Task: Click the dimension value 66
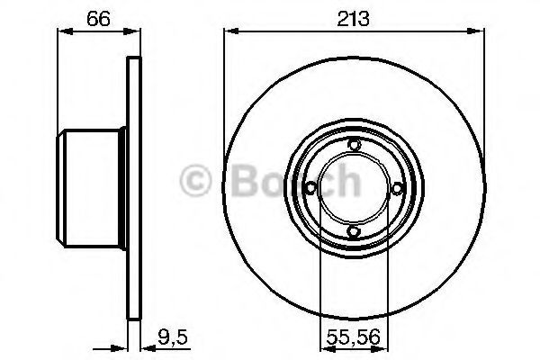click(99, 19)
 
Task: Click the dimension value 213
click(354, 19)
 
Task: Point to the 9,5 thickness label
click(173, 337)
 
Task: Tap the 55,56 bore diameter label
click(354, 337)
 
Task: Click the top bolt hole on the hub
click(354, 145)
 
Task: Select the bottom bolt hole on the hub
click(354, 231)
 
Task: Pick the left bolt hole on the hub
click(310, 188)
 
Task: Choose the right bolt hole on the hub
click(397, 188)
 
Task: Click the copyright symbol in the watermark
click(195, 181)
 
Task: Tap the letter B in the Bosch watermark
click(245, 181)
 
